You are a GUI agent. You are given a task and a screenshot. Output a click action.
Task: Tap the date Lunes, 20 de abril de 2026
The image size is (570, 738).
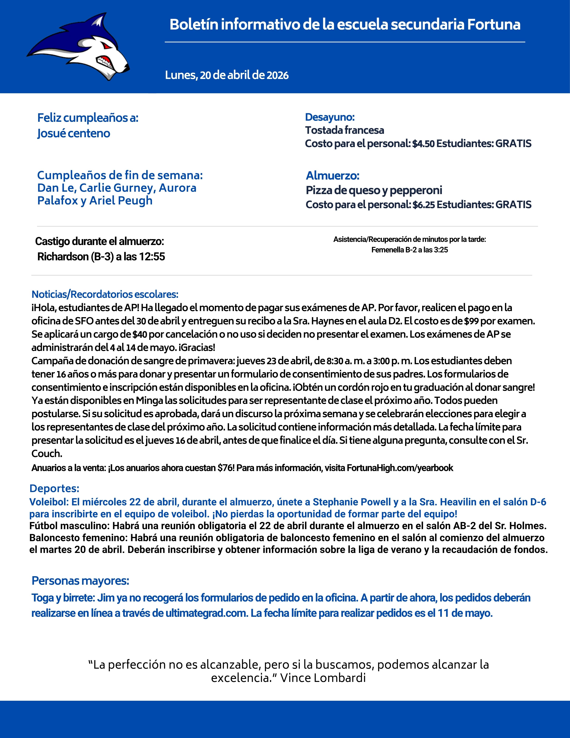[227, 75]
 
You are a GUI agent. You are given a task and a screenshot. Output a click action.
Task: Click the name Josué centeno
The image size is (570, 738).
[74, 133]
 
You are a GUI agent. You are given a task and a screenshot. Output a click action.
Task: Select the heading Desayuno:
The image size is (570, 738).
[330, 117]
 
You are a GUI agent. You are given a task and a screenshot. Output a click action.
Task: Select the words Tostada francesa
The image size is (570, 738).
[344, 130]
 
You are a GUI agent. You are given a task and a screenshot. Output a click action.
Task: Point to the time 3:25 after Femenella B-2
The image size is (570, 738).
[441, 250]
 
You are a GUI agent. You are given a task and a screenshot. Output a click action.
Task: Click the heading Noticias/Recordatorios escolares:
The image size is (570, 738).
[105, 294]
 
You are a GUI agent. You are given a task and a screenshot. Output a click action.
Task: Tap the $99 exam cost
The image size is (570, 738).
[471, 321]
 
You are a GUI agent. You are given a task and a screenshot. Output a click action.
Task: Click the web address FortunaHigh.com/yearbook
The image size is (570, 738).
[400, 468]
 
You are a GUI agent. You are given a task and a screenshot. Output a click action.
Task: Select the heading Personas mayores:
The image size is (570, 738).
[80, 581]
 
